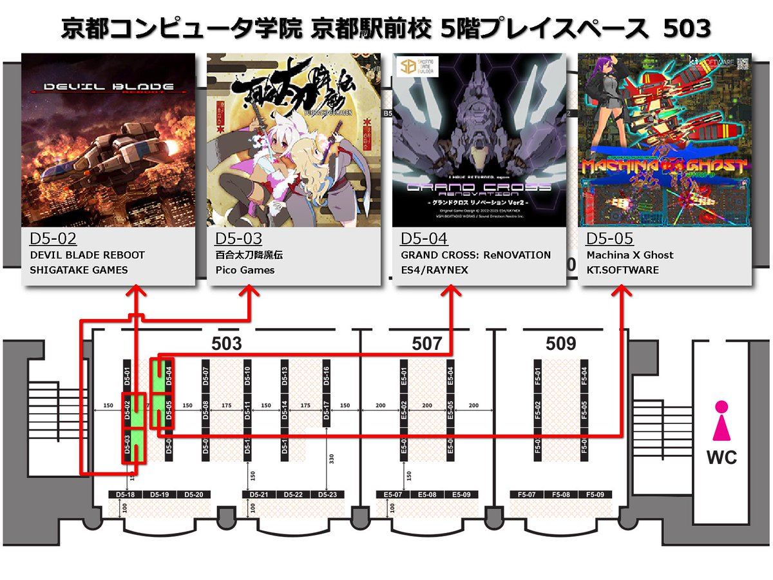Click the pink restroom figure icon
[721, 422]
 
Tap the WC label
[722, 458]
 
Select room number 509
[560, 343]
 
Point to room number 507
[427, 343]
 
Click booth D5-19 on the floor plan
[159, 494]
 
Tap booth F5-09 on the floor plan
[595, 494]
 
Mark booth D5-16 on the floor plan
[327, 376]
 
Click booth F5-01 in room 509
[538, 376]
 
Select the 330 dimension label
[330, 459]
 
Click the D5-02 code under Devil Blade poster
[53, 240]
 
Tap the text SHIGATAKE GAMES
[79, 270]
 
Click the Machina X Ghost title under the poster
[630, 255]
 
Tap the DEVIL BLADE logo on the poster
[108, 87]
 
